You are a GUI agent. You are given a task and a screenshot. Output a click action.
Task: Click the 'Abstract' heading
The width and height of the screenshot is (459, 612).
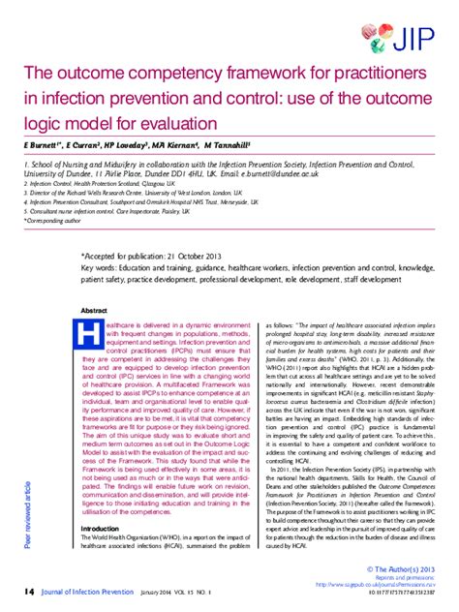tap(95, 312)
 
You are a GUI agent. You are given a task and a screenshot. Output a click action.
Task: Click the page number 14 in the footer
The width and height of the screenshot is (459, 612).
tap(29, 593)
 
